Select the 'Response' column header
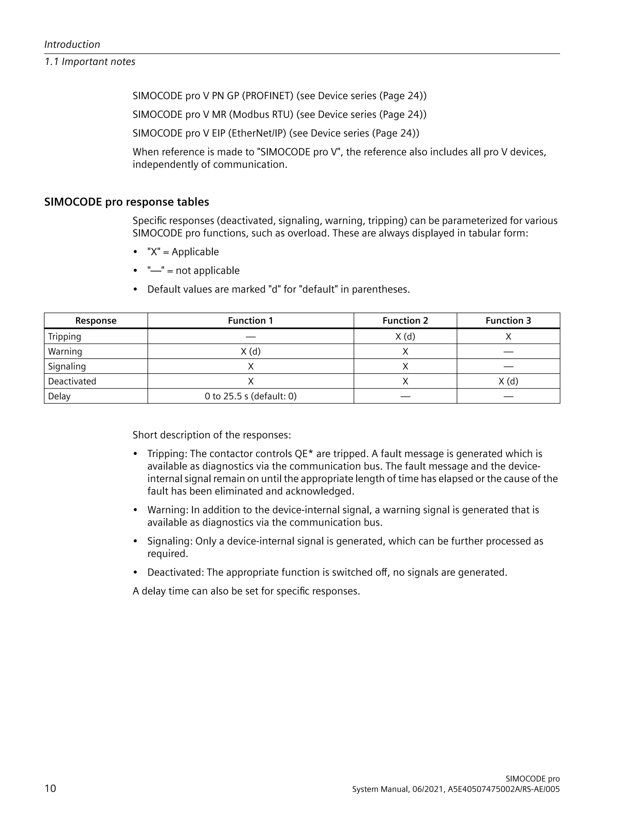click(96, 320)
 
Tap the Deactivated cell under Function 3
click(508, 381)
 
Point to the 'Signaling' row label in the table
click(67, 366)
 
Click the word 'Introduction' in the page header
click(72, 44)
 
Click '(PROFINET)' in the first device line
click(267, 96)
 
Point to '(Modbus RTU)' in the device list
click(261, 115)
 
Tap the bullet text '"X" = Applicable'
click(183, 252)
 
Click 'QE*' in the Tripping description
click(303, 454)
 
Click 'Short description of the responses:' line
click(212, 435)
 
